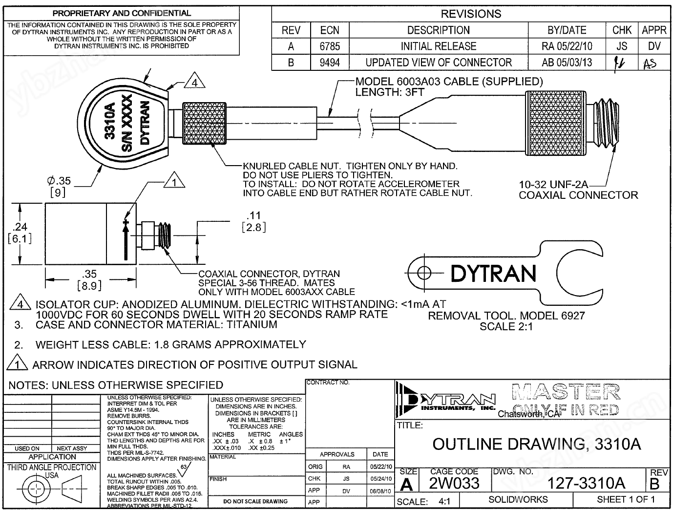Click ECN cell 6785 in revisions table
click(330, 46)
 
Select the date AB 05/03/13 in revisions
click(567, 63)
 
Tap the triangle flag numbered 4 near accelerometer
click(194, 83)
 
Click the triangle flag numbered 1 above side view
click(173, 182)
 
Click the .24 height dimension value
click(20, 227)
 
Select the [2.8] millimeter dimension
click(253, 227)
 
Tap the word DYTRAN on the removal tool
click(493, 274)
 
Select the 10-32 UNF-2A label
click(553, 185)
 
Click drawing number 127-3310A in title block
click(586, 483)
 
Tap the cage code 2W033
click(454, 483)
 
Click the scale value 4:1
click(444, 501)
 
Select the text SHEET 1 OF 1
click(626, 499)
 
